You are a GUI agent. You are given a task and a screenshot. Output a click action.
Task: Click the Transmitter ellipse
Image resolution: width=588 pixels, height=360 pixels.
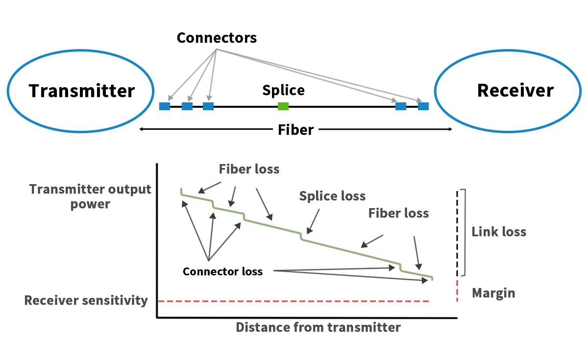(x=81, y=92)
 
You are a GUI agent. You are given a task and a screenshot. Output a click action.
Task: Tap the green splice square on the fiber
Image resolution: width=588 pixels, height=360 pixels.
(x=283, y=106)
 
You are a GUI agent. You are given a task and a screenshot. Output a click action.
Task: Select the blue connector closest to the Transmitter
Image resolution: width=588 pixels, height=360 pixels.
(x=165, y=106)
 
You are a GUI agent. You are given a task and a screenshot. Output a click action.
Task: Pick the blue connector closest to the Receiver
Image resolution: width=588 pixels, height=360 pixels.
(x=423, y=106)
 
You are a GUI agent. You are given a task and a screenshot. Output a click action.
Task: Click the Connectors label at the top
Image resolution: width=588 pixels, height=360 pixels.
(x=217, y=38)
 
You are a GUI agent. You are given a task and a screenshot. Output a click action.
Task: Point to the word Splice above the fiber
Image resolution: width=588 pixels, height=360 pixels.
(x=283, y=91)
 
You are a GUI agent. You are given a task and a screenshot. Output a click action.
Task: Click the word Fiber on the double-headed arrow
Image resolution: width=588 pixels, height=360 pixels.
(x=295, y=130)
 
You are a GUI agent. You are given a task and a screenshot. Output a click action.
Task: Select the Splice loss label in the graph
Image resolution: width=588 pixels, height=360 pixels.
(x=332, y=196)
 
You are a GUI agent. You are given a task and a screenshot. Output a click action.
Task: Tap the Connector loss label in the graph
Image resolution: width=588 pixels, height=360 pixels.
(x=222, y=271)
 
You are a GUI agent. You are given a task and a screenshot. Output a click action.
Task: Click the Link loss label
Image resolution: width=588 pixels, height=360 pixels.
(x=499, y=232)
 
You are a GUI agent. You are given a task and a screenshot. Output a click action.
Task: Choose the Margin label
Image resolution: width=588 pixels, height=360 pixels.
(x=493, y=293)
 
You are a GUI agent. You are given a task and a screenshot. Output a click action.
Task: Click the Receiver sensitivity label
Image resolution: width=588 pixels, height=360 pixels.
(x=86, y=300)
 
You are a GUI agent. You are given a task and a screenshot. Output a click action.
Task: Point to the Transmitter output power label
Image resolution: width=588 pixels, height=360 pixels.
(x=91, y=196)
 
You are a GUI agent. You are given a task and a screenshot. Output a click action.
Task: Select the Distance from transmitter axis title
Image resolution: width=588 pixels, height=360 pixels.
(x=318, y=327)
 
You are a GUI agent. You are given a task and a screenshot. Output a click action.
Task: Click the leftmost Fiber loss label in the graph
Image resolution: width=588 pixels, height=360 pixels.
(x=249, y=169)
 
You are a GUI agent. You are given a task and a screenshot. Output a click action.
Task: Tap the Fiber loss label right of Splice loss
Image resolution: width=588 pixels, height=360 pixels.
(x=398, y=213)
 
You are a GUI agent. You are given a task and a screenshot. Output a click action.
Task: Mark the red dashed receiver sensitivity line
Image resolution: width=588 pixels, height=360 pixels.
(x=294, y=301)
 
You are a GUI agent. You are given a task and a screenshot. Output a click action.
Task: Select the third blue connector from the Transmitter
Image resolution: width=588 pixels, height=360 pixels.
(x=208, y=106)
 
